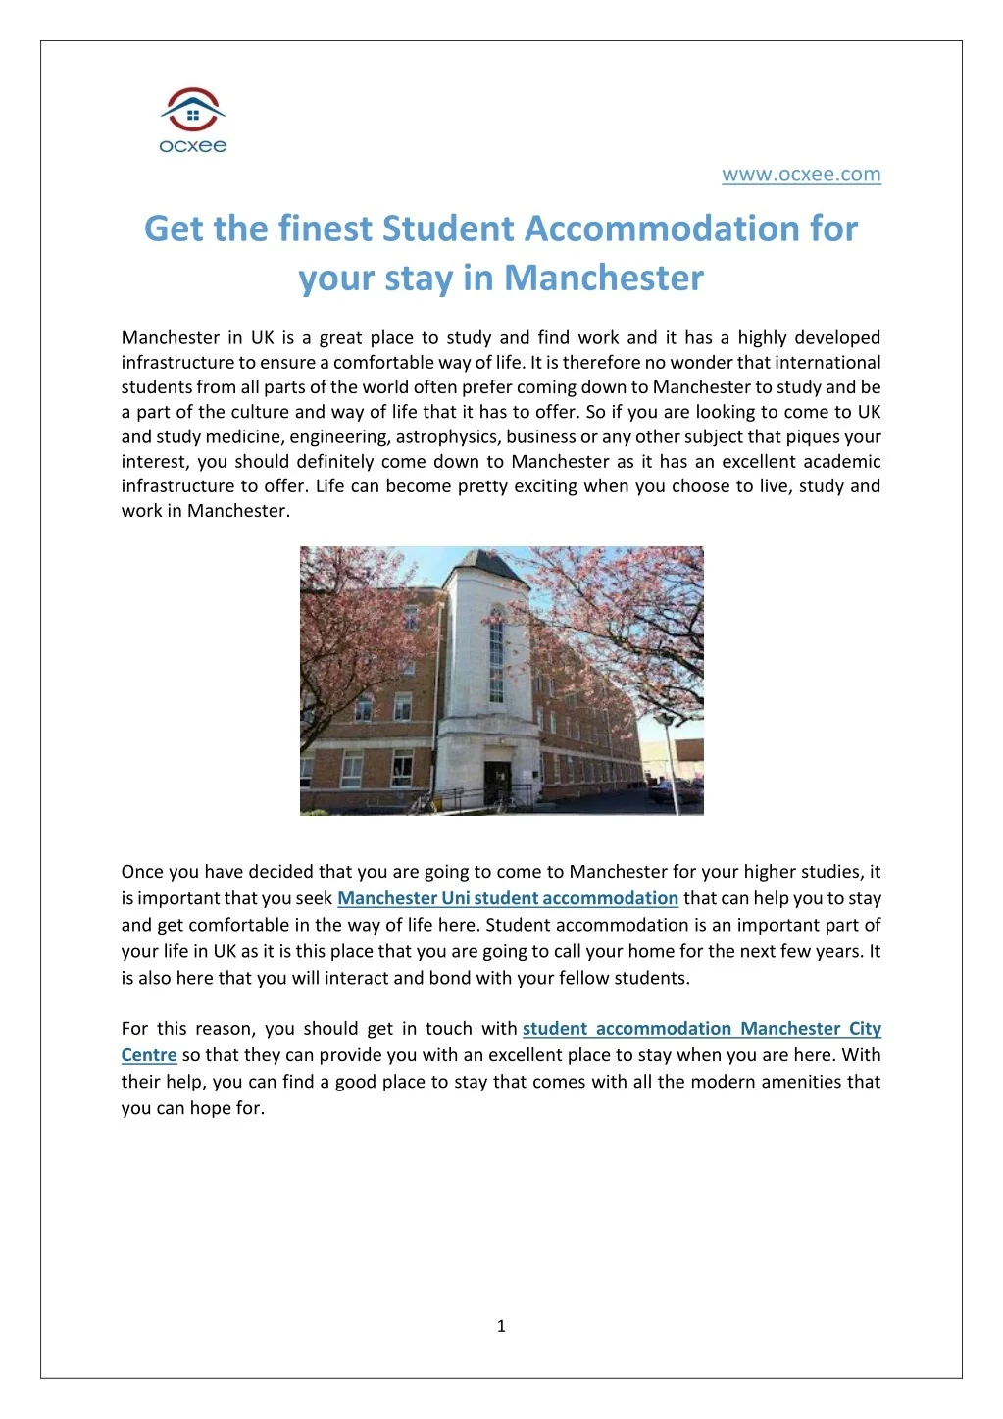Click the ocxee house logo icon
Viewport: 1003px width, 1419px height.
193,109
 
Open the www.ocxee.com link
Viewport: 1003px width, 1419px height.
801,175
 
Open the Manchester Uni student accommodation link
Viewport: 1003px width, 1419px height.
508,898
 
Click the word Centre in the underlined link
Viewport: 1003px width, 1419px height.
149,1055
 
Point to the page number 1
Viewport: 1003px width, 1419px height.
501,1326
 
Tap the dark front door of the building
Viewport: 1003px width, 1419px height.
497,781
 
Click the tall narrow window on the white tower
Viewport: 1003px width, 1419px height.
496,652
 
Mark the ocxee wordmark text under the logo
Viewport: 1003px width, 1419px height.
193,146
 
